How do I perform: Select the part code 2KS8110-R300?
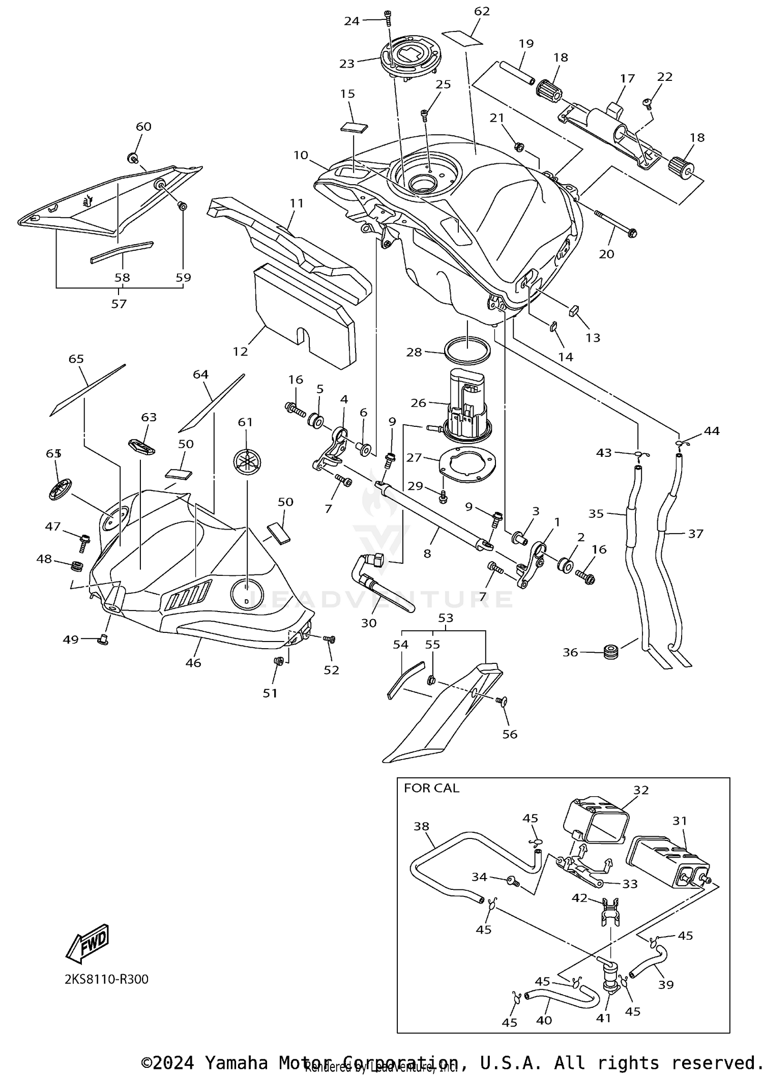(x=106, y=979)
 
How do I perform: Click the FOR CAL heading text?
(x=431, y=788)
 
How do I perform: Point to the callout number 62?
(x=481, y=11)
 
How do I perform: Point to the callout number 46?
(x=193, y=662)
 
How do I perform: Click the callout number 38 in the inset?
(x=421, y=826)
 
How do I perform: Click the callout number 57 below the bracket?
(x=119, y=304)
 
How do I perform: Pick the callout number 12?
(x=240, y=351)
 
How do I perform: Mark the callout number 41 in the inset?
(x=604, y=1018)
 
